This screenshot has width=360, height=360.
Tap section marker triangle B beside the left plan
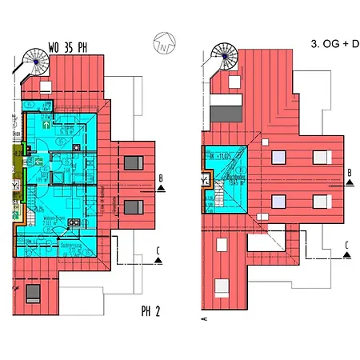162,186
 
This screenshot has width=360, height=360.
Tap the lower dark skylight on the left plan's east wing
134,207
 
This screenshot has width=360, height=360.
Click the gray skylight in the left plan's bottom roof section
34,290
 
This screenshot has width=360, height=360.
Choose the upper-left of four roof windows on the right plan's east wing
279,158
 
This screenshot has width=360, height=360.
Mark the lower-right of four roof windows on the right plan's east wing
320,202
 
